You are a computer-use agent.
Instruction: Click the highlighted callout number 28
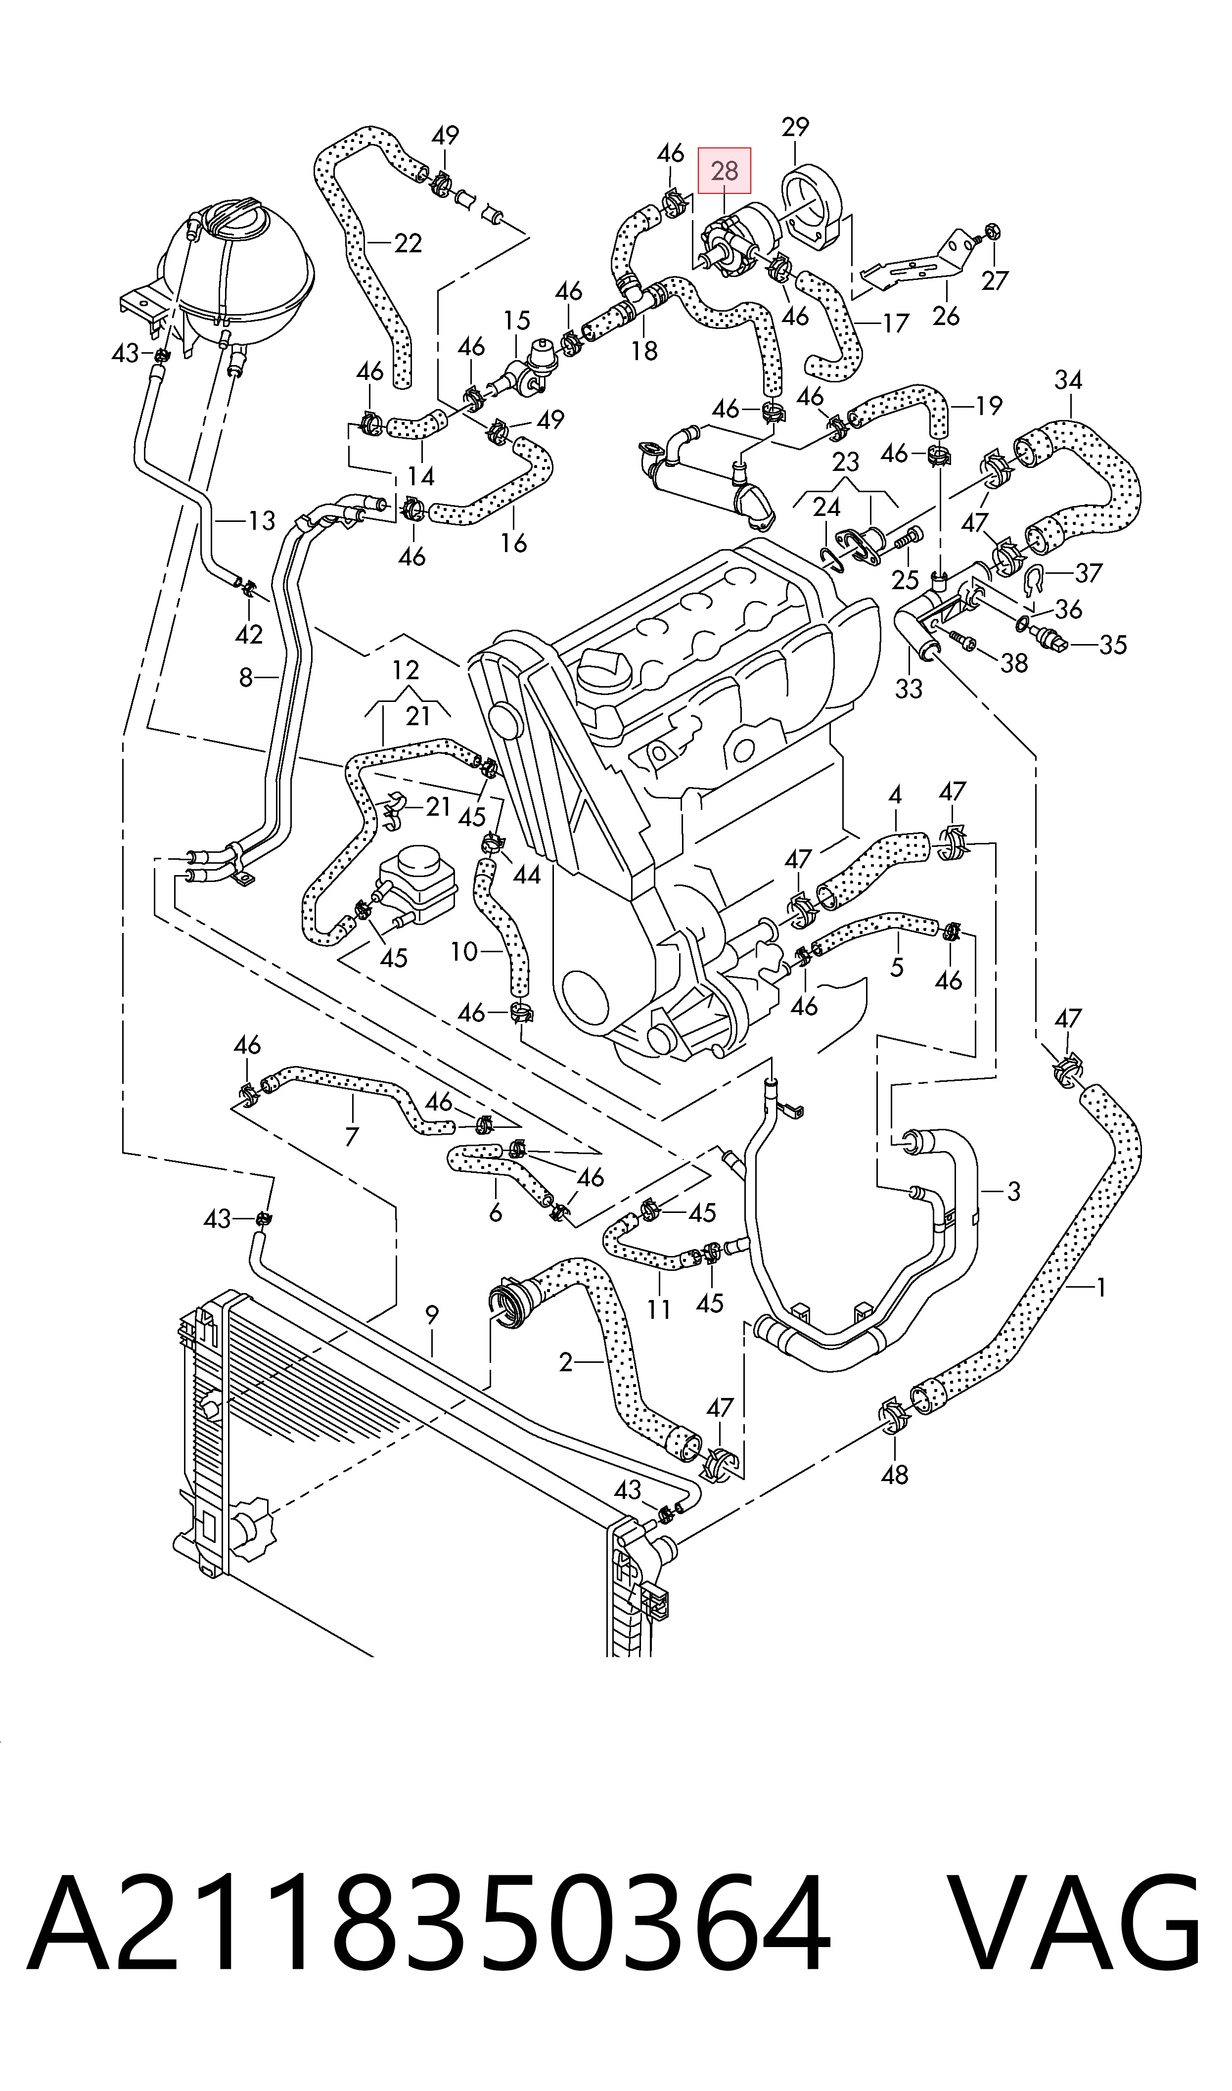click(x=724, y=171)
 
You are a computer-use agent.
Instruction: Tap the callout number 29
click(x=795, y=127)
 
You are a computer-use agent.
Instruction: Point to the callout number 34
click(x=1068, y=380)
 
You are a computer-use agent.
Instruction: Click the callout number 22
click(x=408, y=243)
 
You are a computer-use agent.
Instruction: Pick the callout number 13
click(x=262, y=521)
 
